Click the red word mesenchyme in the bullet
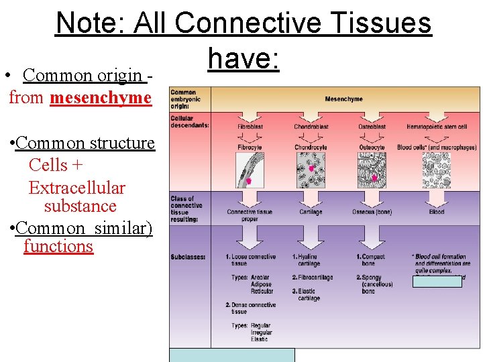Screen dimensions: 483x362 [100, 98]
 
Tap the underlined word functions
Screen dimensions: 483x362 [58, 246]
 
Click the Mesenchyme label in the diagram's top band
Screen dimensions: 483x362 [343, 99]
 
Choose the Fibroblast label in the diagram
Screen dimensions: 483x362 [250, 127]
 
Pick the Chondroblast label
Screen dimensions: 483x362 [310, 127]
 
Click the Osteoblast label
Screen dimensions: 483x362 [372, 127]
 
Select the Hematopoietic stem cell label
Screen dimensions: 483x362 [437, 127]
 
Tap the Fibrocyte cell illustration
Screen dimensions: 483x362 [246, 170]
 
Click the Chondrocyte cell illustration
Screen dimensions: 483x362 [310, 170]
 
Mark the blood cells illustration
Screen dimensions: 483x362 [436, 170]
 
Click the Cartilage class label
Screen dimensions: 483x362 [310, 213]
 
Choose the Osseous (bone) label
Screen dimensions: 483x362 [372, 213]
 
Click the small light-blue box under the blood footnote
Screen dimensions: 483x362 [437, 282]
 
